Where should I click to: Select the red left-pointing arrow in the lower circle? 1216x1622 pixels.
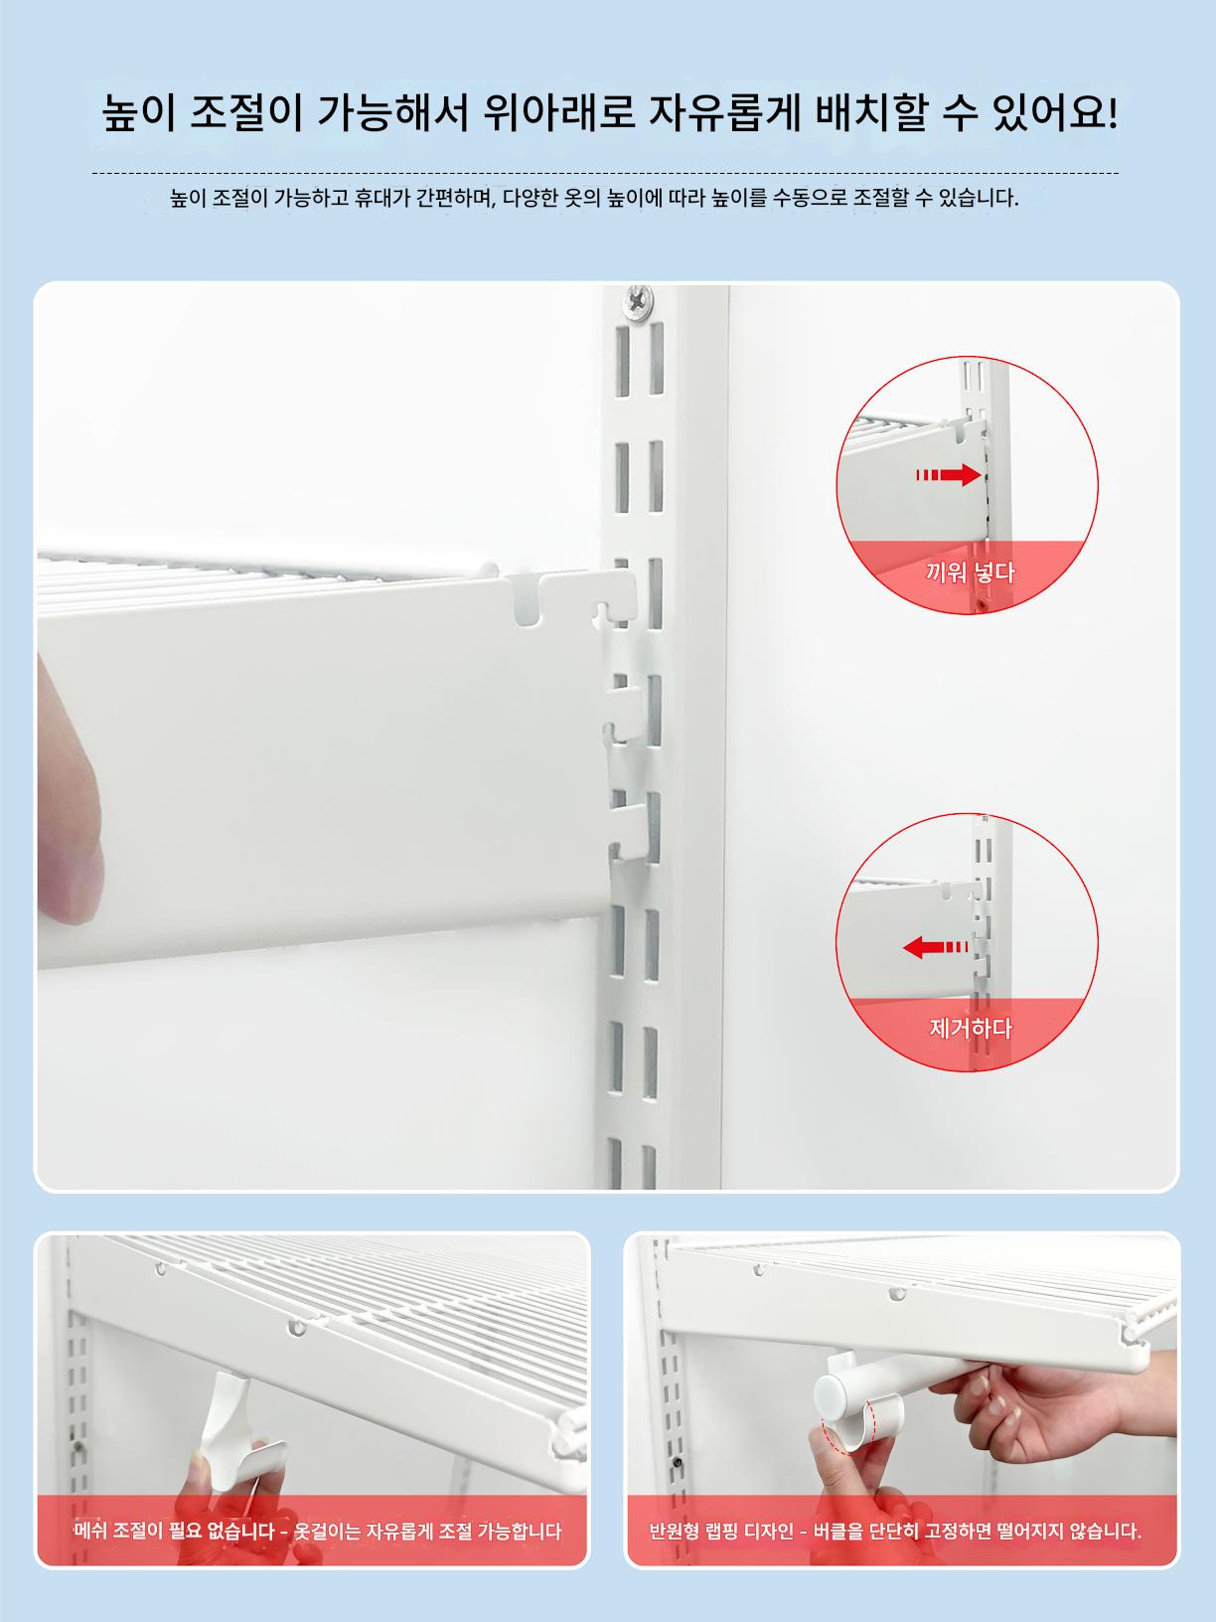936,947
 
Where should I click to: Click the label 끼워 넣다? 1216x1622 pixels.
970,571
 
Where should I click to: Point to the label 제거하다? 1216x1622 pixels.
971,1029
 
